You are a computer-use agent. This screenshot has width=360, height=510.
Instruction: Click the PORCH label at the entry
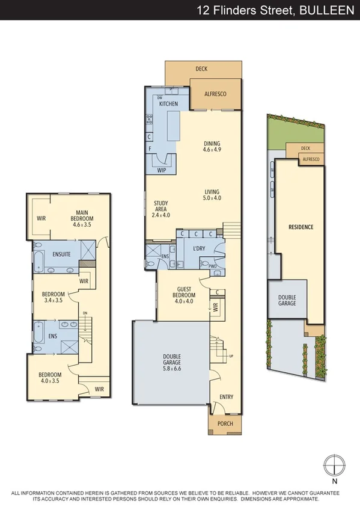pyautogui.click(x=224, y=424)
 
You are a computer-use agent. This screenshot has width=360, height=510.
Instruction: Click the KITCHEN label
pyautogui.click(x=168, y=104)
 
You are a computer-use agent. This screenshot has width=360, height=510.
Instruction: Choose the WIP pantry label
pyautogui.click(x=161, y=170)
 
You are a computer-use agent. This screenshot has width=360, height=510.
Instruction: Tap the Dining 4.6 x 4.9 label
pyautogui.click(x=212, y=146)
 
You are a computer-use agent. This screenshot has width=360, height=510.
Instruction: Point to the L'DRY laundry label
pyautogui.click(x=200, y=249)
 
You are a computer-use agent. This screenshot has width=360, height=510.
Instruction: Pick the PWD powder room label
pyautogui.click(x=213, y=265)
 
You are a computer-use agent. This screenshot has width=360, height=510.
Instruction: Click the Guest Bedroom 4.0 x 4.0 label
pyautogui.click(x=185, y=292)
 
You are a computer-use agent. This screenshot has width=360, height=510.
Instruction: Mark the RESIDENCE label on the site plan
pyautogui.click(x=301, y=227)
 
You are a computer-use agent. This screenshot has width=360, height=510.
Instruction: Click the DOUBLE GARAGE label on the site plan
pyautogui.click(x=287, y=301)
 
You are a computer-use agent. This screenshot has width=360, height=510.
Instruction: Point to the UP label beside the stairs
pyautogui.click(x=231, y=357)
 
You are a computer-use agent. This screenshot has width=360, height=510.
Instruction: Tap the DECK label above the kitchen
pyautogui.click(x=201, y=69)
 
